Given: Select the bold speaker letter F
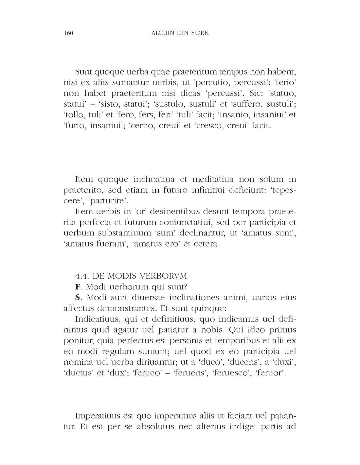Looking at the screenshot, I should pos(78,287).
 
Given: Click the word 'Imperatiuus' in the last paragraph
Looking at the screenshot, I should pos(97,416).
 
